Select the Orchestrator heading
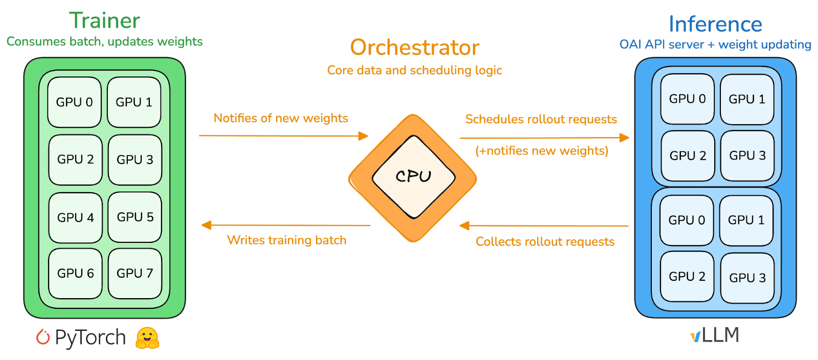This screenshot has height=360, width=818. (x=415, y=48)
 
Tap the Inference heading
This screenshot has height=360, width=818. (x=715, y=24)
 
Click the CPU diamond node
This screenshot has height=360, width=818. (x=413, y=177)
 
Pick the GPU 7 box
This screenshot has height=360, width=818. (x=135, y=274)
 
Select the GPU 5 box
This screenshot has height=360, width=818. (x=135, y=217)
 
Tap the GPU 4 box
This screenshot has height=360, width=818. (x=75, y=218)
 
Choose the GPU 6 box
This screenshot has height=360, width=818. (x=75, y=274)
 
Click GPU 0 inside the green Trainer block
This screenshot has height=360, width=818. (x=75, y=102)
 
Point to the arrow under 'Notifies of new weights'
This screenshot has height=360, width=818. (x=284, y=136)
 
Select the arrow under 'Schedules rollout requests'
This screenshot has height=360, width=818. (x=544, y=138)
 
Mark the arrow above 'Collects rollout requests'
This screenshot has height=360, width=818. (x=544, y=226)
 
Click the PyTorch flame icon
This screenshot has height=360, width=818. (x=43, y=337)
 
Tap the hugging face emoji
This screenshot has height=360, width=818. (x=147, y=337)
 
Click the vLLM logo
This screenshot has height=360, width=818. (x=715, y=335)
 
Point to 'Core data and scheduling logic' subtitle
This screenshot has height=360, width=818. (x=415, y=70)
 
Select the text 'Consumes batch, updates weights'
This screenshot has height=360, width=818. (x=104, y=41)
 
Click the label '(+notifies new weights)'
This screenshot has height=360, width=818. (x=542, y=151)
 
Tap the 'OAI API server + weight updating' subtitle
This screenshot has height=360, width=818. (x=715, y=44)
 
